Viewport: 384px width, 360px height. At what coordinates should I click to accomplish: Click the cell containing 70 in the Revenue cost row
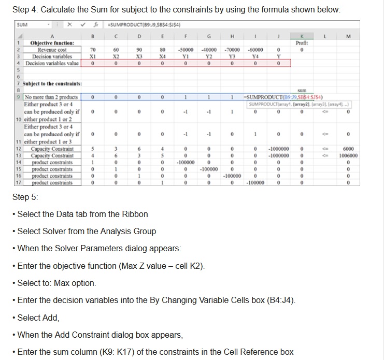click(x=93, y=50)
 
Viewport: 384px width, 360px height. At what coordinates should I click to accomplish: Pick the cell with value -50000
click(x=184, y=50)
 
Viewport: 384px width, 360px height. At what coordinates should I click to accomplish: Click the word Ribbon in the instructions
click(x=134, y=214)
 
